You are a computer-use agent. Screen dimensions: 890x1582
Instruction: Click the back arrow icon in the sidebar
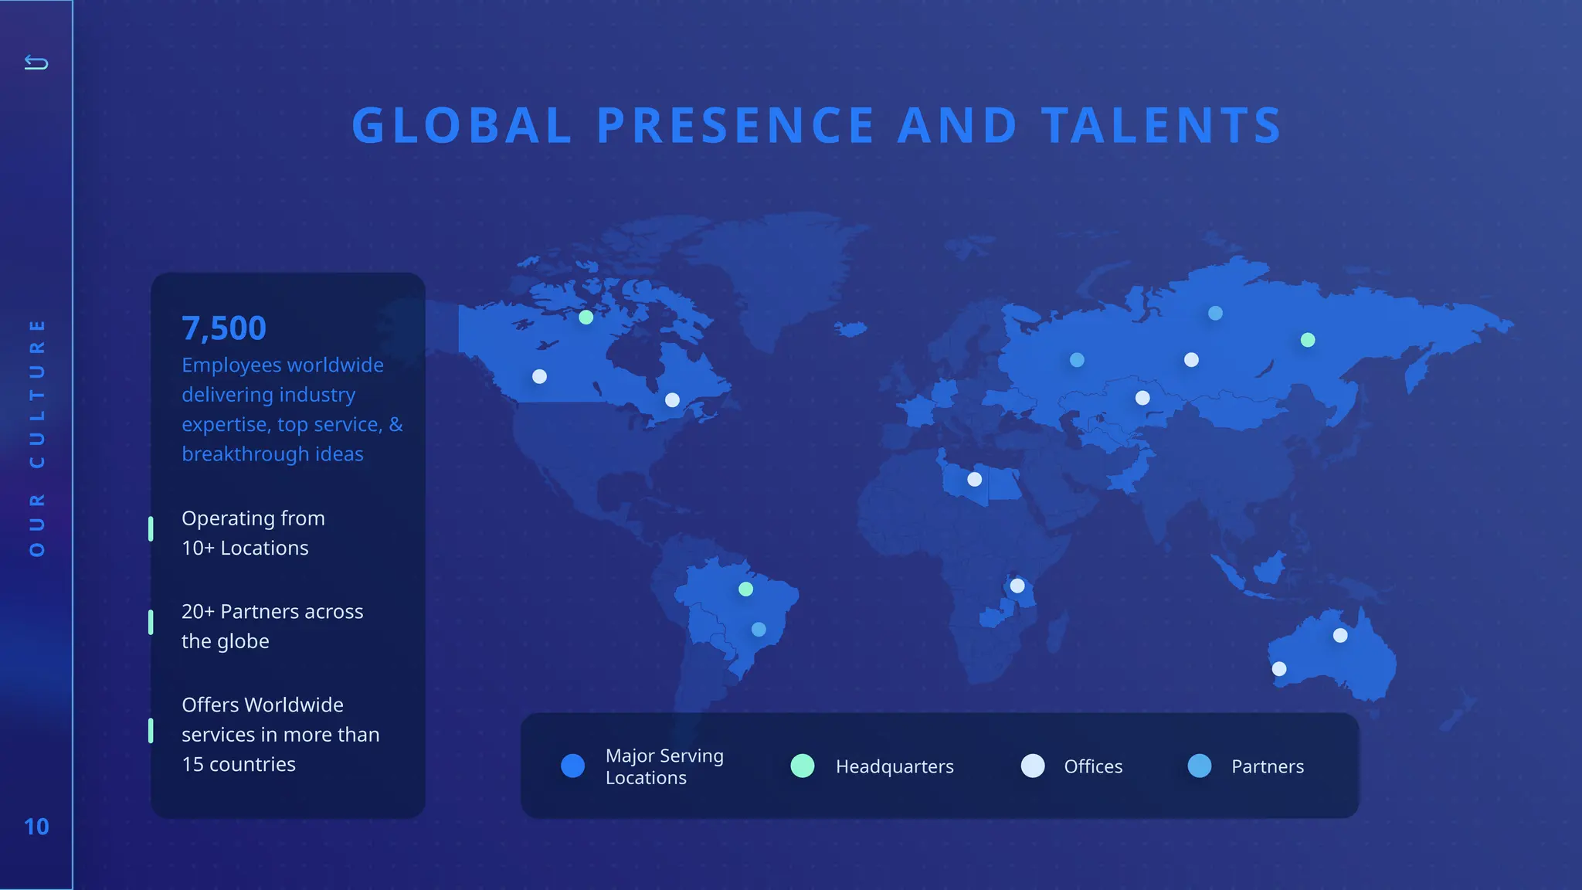click(36, 62)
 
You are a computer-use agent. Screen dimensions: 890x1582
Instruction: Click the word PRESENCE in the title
click(735, 125)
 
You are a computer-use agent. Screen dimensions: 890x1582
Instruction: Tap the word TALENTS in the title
click(1161, 125)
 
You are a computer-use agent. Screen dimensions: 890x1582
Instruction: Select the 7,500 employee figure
click(224, 328)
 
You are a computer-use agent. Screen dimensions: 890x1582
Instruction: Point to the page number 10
click(36, 827)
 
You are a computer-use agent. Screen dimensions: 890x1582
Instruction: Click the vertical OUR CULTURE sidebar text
click(36, 437)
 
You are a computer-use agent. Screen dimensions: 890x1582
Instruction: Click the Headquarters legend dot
click(803, 766)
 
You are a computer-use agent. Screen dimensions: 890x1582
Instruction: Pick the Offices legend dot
click(1033, 766)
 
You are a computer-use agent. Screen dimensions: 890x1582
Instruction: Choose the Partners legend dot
click(1200, 766)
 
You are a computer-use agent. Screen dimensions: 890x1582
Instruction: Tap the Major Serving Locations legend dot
click(572, 766)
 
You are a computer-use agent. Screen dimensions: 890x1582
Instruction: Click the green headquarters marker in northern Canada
click(586, 317)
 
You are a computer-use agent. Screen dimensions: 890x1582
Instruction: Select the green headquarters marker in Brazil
click(745, 589)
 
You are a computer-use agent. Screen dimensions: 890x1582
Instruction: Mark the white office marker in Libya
click(975, 479)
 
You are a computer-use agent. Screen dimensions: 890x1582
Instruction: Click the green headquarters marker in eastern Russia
click(1308, 340)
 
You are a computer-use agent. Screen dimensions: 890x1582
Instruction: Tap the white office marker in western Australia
click(1279, 668)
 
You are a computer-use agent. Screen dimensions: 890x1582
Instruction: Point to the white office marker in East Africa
click(1017, 586)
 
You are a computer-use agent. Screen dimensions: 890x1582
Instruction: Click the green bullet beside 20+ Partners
click(151, 622)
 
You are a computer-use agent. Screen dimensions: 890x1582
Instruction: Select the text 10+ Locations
click(245, 548)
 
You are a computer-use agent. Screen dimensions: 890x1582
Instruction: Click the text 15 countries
click(239, 764)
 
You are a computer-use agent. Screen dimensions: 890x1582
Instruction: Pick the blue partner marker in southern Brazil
click(759, 630)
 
